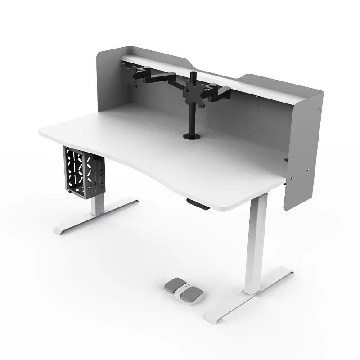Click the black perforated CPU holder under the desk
pyautogui.click(x=84, y=172)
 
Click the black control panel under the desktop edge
pyautogui.click(x=198, y=204)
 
